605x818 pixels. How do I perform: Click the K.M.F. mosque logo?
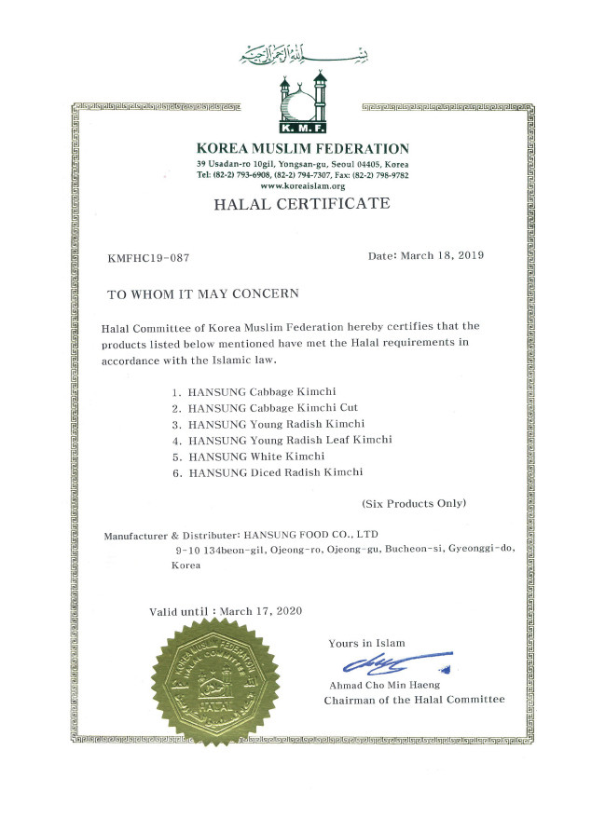click(x=302, y=102)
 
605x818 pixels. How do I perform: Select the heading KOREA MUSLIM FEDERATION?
click(x=303, y=148)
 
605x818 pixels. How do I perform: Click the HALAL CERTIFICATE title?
click(x=303, y=204)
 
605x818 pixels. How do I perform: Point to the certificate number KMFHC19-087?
click(x=149, y=256)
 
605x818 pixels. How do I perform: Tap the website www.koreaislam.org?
click(x=303, y=185)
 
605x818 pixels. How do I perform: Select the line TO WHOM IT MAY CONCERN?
click(x=202, y=293)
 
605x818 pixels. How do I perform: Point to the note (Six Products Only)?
click(x=414, y=503)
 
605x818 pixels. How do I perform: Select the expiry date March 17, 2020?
click(x=262, y=611)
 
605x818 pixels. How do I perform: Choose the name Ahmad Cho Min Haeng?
click(x=377, y=685)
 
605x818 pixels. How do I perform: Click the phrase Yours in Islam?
click(x=366, y=644)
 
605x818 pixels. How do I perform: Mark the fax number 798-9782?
click(x=389, y=175)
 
